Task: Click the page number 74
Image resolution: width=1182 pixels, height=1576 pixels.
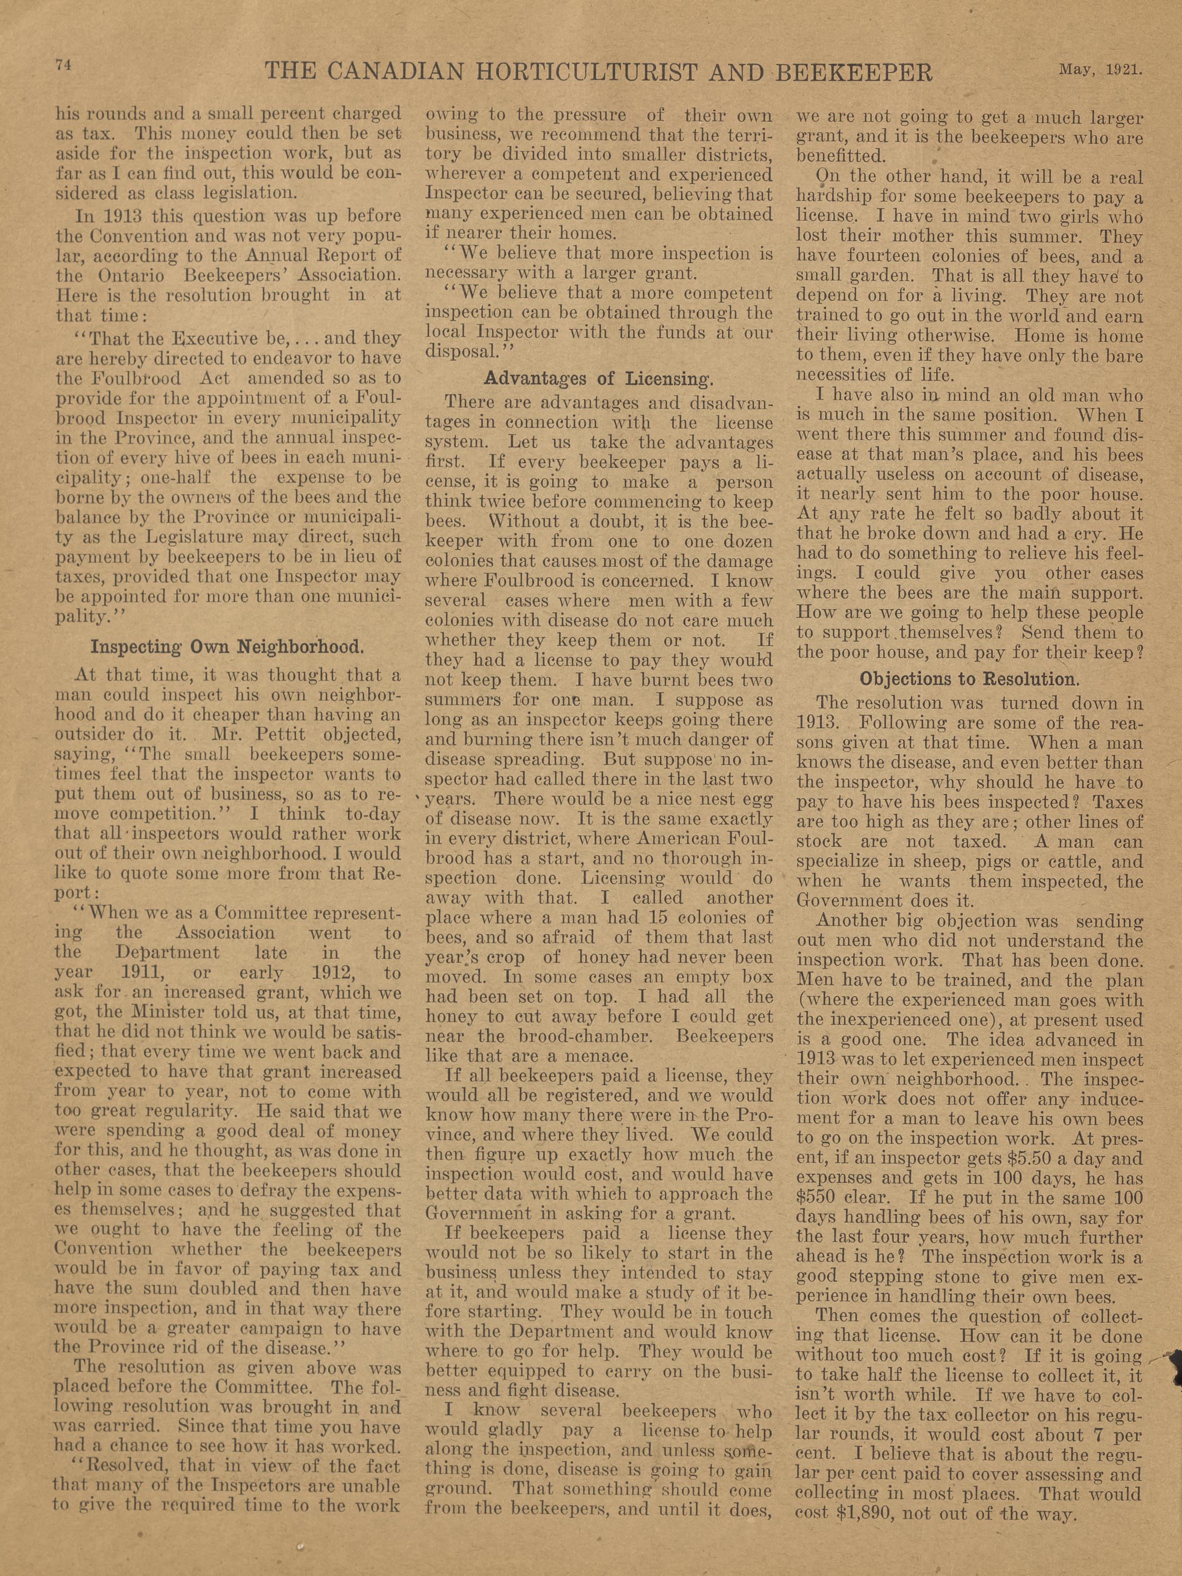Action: click(62, 64)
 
